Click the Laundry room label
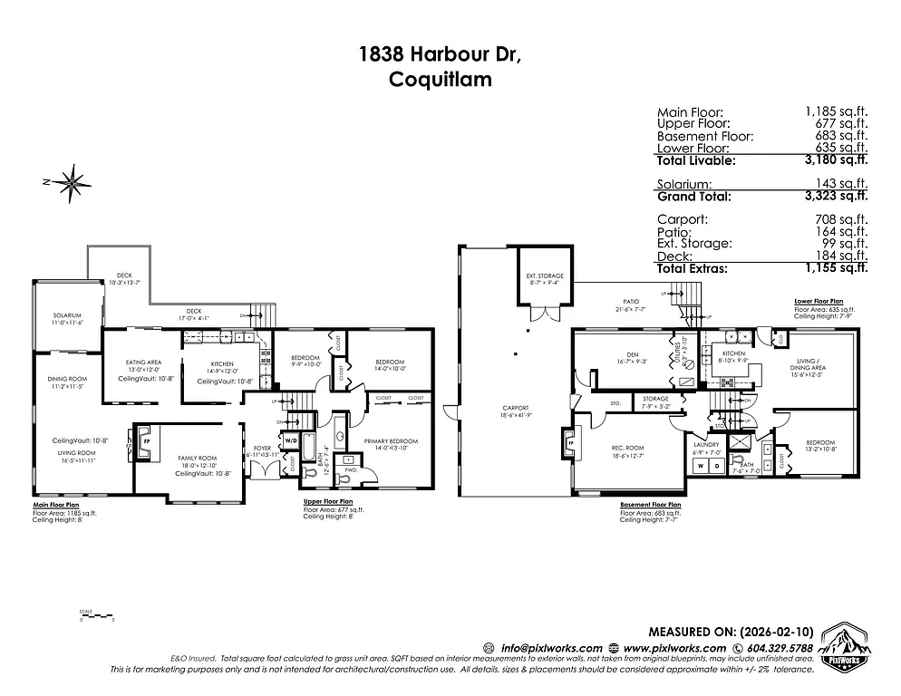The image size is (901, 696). pyautogui.click(x=705, y=445)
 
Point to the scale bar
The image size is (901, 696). pyautogui.click(x=95, y=617)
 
